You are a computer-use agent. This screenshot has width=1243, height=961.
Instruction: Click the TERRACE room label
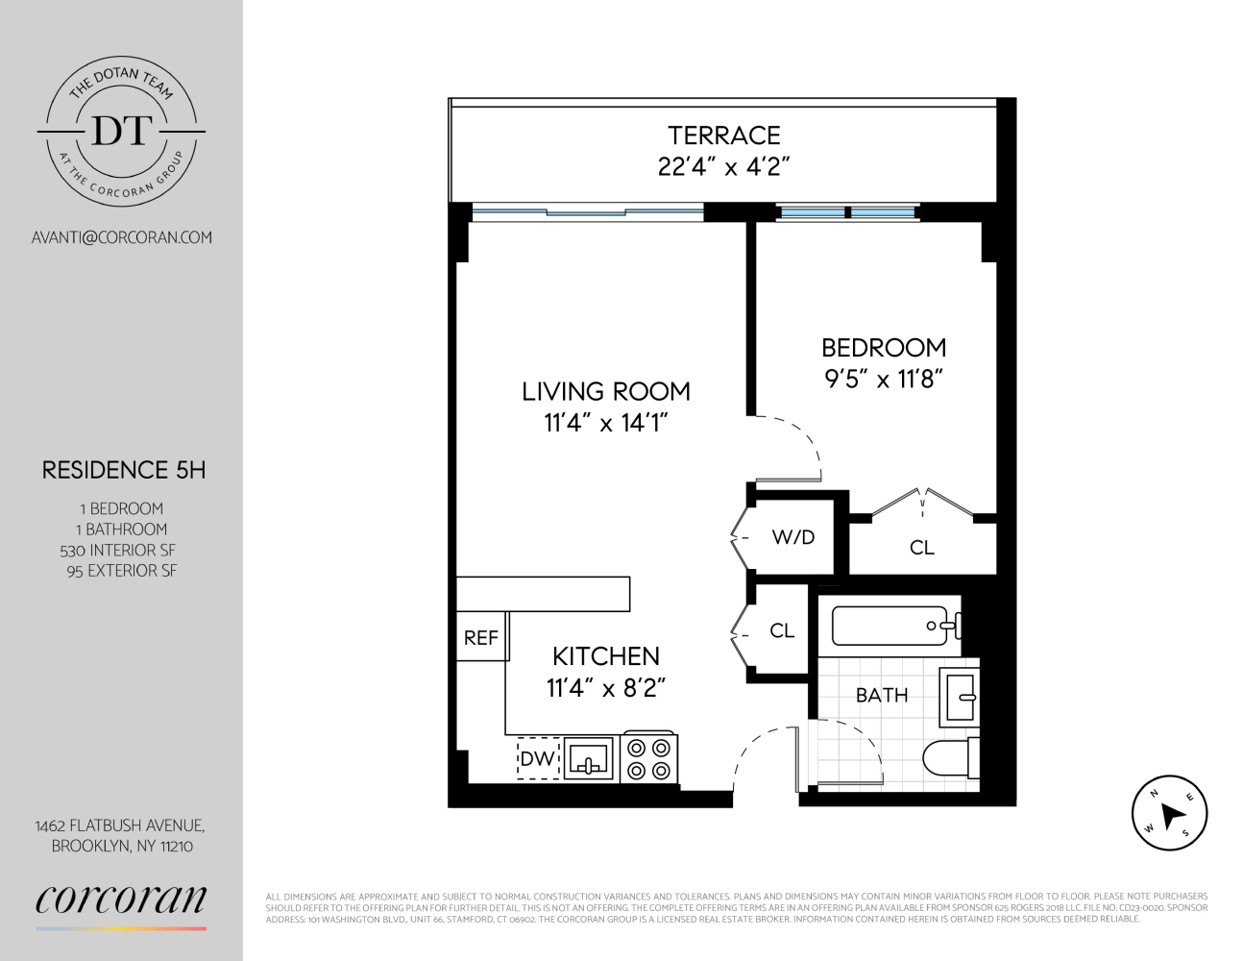(723, 136)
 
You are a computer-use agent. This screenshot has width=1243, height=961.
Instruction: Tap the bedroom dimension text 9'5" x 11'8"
(883, 379)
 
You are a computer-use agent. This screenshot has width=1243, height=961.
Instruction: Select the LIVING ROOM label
(605, 391)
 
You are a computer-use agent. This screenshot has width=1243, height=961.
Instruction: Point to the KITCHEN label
(605, 656)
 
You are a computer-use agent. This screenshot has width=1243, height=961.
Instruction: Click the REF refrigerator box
(481, 637)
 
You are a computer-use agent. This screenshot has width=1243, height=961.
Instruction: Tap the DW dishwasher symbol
(538, 758)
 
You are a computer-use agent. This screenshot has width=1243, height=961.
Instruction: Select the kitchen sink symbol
(588, 758)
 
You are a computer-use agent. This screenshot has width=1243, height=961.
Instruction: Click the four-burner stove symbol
(649, 758)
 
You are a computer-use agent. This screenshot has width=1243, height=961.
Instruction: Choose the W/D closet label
(793, 537)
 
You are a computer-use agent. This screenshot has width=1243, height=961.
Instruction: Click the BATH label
(881, 695)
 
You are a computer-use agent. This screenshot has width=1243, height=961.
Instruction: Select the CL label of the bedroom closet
(921, 548)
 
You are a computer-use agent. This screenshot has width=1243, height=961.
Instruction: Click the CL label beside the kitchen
(782, 631)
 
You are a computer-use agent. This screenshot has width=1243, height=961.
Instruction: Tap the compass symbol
(1168, 813)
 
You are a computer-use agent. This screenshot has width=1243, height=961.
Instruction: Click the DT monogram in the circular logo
(121, 131)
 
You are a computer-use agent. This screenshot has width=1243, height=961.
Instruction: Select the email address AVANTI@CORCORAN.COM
(121, 237)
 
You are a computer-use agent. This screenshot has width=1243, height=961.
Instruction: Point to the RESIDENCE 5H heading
(123, 470)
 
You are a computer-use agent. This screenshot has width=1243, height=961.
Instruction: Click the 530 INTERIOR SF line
(118, 551)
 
